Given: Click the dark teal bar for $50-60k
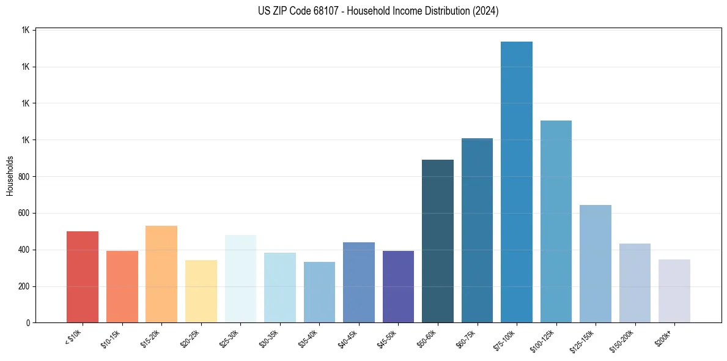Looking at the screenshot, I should [x=438, y=241].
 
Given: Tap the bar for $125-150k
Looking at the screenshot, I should [x=596, y=264].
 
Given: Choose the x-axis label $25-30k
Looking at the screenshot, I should [x=230, y=338].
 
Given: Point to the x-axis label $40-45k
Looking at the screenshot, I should [x=348, y=338].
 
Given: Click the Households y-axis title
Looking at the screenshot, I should [x=10, y=176].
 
